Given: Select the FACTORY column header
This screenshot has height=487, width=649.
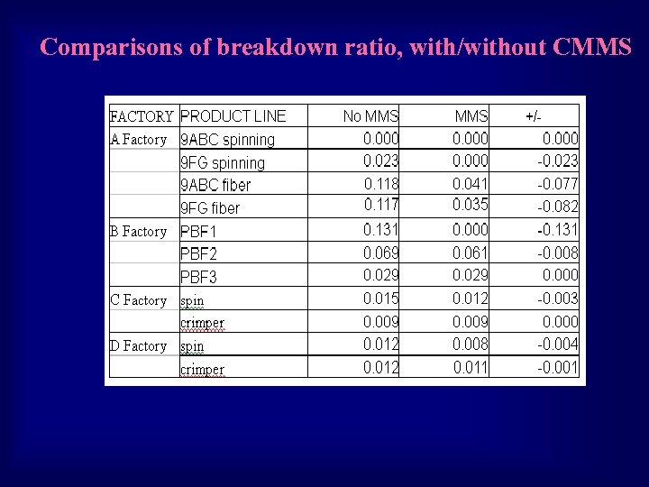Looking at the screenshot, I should pos(142,116).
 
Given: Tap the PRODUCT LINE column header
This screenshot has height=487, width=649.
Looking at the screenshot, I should pos(233,115).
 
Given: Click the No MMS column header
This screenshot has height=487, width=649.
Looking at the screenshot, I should pos(370,116).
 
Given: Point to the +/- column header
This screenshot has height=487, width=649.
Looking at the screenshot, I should pos(534,116).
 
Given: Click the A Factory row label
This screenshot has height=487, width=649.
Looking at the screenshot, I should pos(138,140).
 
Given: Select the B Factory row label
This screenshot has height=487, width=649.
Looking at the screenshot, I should pos(138,232).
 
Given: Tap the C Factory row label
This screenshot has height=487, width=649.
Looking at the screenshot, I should pos(138,300).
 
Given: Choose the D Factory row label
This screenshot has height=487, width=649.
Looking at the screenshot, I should pos(138,346).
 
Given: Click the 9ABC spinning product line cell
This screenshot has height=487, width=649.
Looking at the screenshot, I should pos(228,140).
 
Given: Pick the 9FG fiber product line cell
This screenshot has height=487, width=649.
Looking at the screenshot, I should pos(210,208).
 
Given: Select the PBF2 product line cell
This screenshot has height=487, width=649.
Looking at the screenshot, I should pos(199,254).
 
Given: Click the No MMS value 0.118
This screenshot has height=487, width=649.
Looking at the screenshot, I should pos(381,184).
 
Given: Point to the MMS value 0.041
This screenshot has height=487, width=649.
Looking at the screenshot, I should pos(470,184).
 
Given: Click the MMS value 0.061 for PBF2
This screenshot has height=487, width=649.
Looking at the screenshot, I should pos(470,253).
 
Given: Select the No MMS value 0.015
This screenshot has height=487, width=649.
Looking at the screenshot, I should pos(381,299).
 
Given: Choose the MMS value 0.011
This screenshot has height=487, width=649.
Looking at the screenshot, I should pos(470,367).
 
